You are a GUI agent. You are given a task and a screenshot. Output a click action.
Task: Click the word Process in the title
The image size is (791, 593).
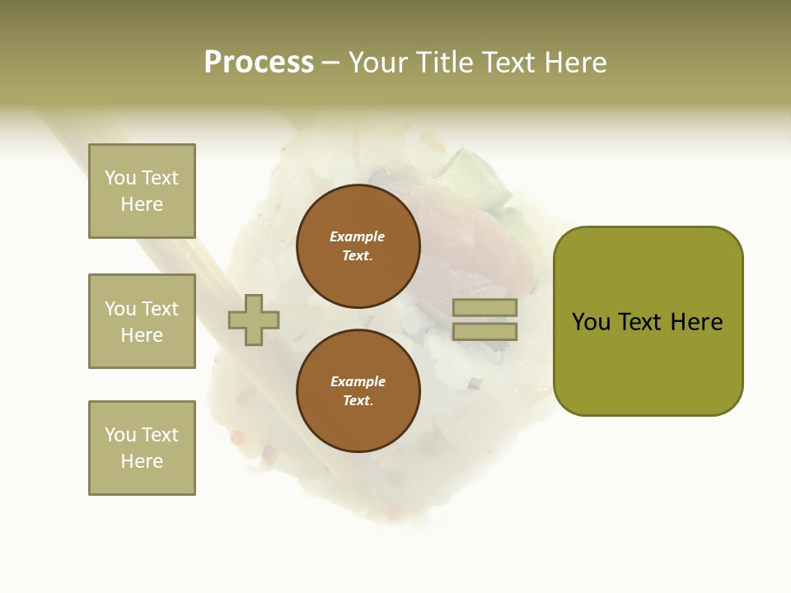tap(259, 63)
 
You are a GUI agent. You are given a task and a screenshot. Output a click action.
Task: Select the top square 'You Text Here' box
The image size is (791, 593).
tap(142, 191)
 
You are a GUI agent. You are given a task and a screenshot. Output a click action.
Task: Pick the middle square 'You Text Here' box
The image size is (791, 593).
tap(142, 321)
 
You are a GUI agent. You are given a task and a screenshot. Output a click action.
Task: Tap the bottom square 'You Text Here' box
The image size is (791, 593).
tap(142, 447)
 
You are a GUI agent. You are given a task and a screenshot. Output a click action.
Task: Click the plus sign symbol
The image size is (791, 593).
tap(254, 320)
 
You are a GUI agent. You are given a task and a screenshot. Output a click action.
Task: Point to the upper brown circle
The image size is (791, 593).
tap(358, 246)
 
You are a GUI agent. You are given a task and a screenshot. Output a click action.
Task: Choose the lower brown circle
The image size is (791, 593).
tap(358, 391)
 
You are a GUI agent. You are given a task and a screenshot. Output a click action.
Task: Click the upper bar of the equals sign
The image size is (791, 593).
tap(484, 308)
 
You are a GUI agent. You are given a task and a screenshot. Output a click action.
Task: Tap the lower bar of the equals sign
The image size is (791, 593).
tap(484, 331)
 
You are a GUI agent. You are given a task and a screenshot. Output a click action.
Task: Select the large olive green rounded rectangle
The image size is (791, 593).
tap(648, 321)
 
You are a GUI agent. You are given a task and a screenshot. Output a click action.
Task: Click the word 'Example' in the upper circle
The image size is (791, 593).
tap(358, 236)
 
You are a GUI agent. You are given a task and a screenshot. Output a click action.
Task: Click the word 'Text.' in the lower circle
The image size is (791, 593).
tap(358, 401)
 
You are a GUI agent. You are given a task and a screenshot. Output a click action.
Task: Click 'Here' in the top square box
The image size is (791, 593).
tap(142, 204)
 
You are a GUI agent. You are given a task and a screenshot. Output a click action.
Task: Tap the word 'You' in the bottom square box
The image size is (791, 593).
tap(120, 434)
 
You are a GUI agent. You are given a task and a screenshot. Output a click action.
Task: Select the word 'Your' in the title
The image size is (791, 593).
tap(377, 63)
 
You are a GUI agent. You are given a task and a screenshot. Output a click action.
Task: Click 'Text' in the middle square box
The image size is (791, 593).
tap(159, 309)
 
